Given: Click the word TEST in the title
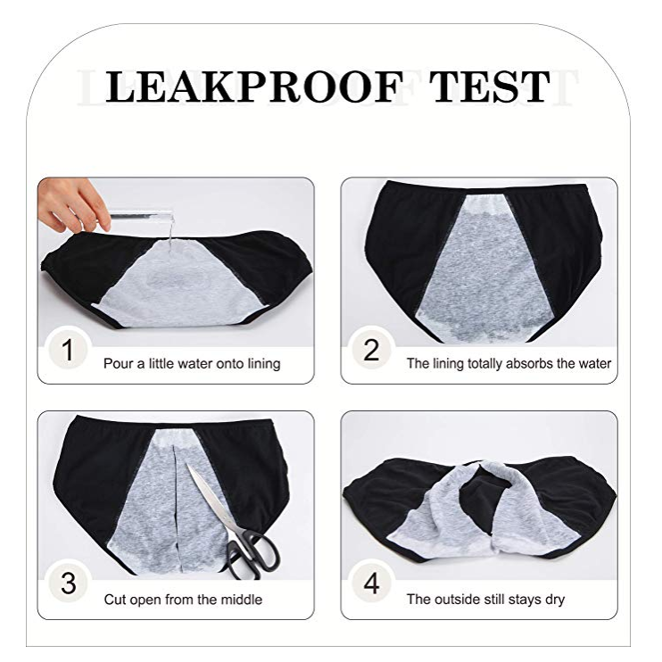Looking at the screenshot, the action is click(490, 87).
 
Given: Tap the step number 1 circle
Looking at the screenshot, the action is click(68, 350).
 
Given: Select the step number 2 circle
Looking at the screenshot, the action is click(371, 350).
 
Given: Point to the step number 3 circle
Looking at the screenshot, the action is click(68, 583).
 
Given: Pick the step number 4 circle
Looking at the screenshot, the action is click(371, 583).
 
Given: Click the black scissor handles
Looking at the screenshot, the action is click(252, 554).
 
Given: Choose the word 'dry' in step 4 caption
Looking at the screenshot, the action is click(555, 600).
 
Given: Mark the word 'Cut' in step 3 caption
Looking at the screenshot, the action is click(115, 599).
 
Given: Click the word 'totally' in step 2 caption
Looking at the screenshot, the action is click(484, 363).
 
